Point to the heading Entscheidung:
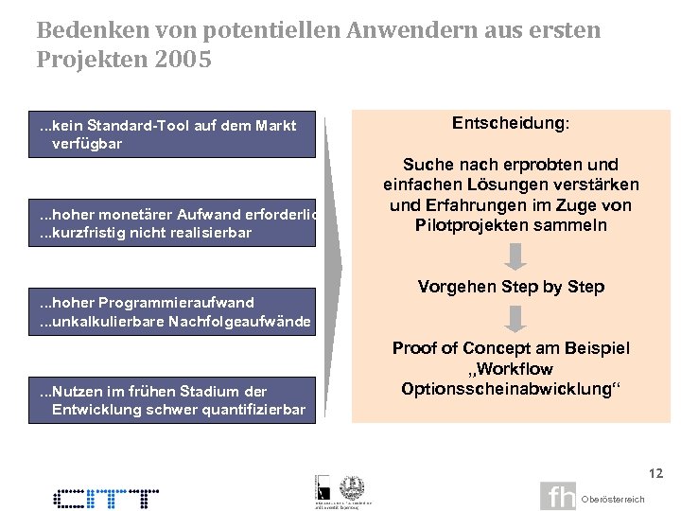point(511,124)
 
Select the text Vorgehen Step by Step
point(511,287)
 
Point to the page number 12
point(656,472)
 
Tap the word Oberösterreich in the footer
point(613,499)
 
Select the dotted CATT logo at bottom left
point(106,498)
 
